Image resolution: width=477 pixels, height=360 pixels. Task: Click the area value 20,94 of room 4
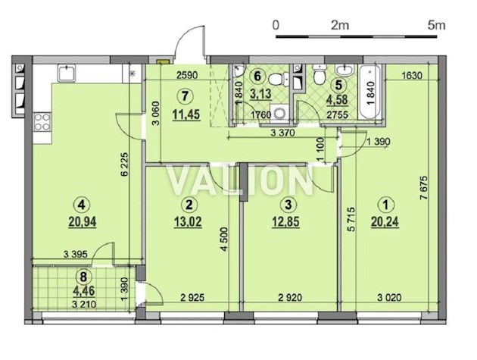click(83, 222)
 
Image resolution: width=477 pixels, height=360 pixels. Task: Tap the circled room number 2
click(189, 204)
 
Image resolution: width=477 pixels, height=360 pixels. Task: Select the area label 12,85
click(285, 222)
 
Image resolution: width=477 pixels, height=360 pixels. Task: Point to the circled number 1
click(385, 204)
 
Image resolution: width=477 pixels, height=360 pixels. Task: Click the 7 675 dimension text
click(424, 188)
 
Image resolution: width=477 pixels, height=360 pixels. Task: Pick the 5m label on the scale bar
click(436, 25)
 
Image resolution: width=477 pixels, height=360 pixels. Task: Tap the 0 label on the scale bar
click(276, 25)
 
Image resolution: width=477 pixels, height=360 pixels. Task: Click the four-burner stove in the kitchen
click(42, 122)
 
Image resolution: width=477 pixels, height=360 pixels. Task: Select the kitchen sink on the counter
click(67, 74)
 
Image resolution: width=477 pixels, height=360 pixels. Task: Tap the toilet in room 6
click(279, 80)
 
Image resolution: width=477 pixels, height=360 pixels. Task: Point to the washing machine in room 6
click(279, 113)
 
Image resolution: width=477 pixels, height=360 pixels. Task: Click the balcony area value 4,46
click(83, 291)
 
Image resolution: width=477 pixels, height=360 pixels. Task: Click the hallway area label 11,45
click(186, 115)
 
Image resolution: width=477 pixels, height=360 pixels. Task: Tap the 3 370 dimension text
click(282, 133)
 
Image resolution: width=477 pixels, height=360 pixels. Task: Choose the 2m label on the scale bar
click(340, 25)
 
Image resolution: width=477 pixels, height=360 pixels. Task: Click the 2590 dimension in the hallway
click(187, 75)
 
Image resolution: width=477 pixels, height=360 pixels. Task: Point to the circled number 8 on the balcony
click(83, 277)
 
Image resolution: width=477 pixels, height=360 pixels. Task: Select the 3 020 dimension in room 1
click(389, 297)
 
